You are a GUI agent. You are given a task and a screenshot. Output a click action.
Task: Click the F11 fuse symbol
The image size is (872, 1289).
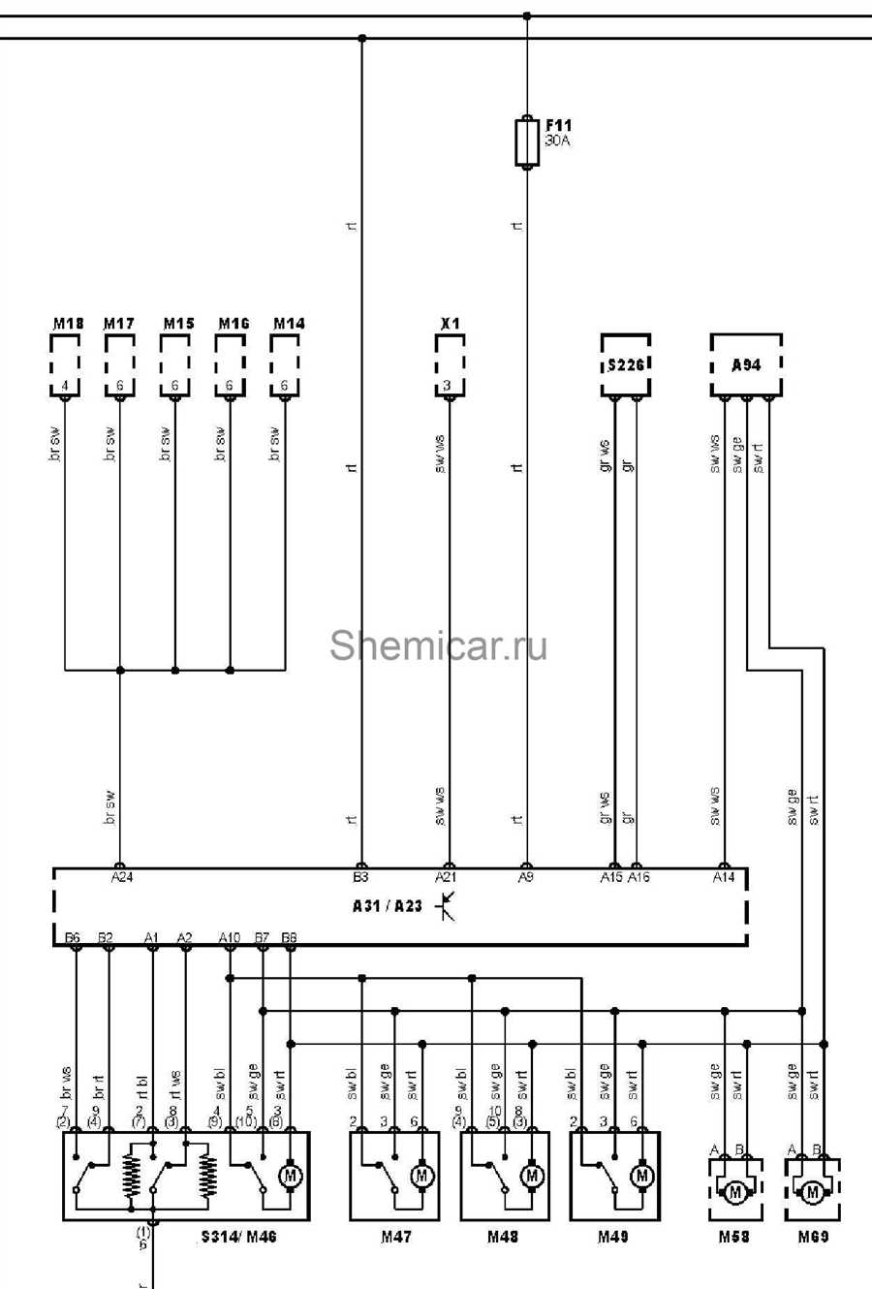pyautogui.click(x=526, y=142)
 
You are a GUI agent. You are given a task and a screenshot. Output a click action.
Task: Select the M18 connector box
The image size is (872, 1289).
pyautogui.click(x=65, y=365)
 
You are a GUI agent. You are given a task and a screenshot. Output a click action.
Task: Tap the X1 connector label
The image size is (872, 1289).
pyautogui.click(x=450, y=323)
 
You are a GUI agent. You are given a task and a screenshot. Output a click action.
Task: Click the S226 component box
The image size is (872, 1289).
pyautogui.click(x=625, y=365)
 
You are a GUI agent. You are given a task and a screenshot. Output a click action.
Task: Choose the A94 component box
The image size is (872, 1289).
pyautogui.click(x=745, y=365)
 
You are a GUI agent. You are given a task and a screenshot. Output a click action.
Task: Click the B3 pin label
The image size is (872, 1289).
pyautogui.click(x=360, y=877)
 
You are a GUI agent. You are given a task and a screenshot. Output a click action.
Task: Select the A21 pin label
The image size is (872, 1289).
pyautogui.click(x=446, y=877)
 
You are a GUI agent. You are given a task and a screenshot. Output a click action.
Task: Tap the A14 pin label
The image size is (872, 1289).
pyautogui.click(x=724, y=877)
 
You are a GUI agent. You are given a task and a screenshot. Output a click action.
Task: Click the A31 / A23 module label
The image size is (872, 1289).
pyautogui.click(x=388, y=906)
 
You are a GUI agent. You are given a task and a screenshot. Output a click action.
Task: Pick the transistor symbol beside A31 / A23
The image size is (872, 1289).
pyautogui.click(x=446, y=906)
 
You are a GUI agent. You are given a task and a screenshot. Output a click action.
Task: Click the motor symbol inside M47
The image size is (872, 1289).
pyautogui.click(x=421, y=1176)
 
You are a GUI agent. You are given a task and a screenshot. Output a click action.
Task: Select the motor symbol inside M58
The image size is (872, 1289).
pyautogui.click(x=734, y=1191)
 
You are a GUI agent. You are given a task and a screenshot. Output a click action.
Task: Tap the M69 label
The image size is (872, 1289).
pyautogui.click(x=813, y=1237)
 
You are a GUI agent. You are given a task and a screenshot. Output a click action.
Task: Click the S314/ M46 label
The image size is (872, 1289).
pyautogui.click(x=238, y=1237)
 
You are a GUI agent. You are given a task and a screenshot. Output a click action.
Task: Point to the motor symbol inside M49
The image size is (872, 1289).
pyautogui.click(x=641, y=1176)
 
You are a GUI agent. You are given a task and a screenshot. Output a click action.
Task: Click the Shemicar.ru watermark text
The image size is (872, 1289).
pyautogui.click(x=438, y=645)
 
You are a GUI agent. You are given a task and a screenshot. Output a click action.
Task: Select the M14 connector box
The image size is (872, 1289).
pyautogui.click(x=285, y=365)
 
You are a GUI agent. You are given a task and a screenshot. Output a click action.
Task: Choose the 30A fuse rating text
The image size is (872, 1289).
pyautogui.click(x=558, y=141)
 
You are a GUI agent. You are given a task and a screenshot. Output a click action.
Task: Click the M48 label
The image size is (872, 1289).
pyautogui.click(x=503, y=1237)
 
